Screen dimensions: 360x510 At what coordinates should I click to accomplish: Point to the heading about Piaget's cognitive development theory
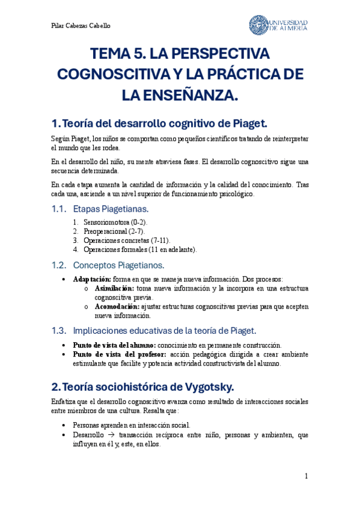coord(159,123)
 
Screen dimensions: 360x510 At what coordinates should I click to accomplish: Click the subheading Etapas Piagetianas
coord(110,209)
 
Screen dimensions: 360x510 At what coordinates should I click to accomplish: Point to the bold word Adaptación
coord(92,279)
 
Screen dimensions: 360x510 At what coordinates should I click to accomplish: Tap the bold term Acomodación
coord(116,306)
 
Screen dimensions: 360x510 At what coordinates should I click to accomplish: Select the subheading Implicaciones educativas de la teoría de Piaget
coord(164,330)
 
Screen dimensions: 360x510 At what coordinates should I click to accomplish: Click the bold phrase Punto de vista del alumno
coord(114,345)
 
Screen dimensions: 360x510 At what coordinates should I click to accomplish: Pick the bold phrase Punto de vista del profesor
coord(116,354)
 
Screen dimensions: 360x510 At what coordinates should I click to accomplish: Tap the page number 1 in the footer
coord(306,476)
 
